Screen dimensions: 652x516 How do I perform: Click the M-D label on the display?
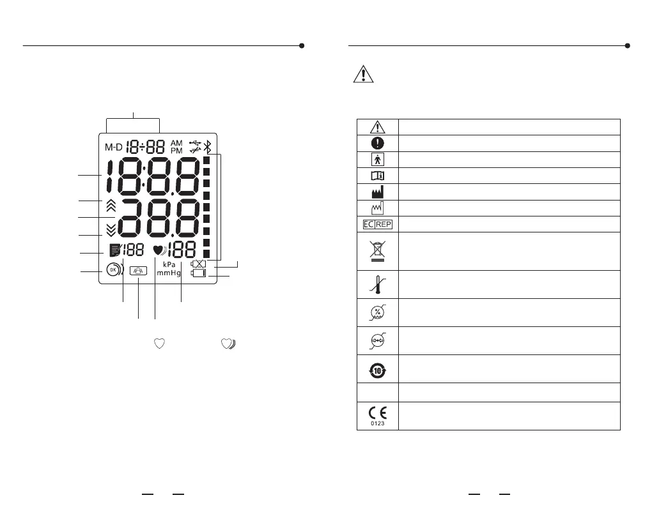113,146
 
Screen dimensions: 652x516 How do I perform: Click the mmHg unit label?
169,273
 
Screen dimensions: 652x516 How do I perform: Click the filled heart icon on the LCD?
159,250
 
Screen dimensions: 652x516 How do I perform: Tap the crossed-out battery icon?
199,263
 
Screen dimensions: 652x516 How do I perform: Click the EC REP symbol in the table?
377,224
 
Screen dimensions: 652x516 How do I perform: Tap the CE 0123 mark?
377,415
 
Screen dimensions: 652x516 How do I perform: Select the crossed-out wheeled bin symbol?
377,250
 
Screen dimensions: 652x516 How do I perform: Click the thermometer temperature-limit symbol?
377,284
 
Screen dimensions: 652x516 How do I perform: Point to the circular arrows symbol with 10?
377,368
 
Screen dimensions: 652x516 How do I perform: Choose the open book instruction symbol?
377,176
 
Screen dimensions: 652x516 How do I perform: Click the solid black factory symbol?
377,192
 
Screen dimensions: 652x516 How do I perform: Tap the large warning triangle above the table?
363,75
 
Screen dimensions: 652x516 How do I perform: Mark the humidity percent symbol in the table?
377,312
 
